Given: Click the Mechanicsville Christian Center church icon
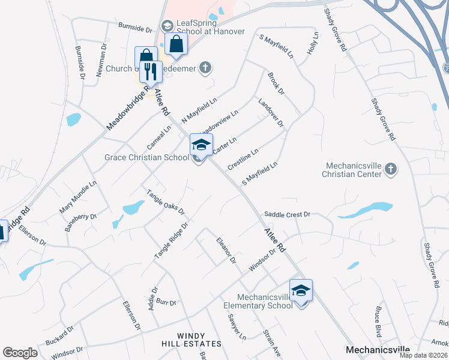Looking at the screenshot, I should [391, 169].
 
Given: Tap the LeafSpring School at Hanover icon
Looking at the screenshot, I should [167, 26].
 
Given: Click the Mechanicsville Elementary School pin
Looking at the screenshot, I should [301, 291].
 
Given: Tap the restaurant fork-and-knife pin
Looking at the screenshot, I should [150, 72].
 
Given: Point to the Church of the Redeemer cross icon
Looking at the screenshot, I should [206, 67].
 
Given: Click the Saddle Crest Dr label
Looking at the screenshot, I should [287, 214].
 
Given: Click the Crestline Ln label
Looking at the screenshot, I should [243, 159].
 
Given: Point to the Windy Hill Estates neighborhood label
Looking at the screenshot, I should [191, 340].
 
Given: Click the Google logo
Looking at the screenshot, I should [20, 353].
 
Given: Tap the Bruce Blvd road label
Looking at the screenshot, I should [378, 322].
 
